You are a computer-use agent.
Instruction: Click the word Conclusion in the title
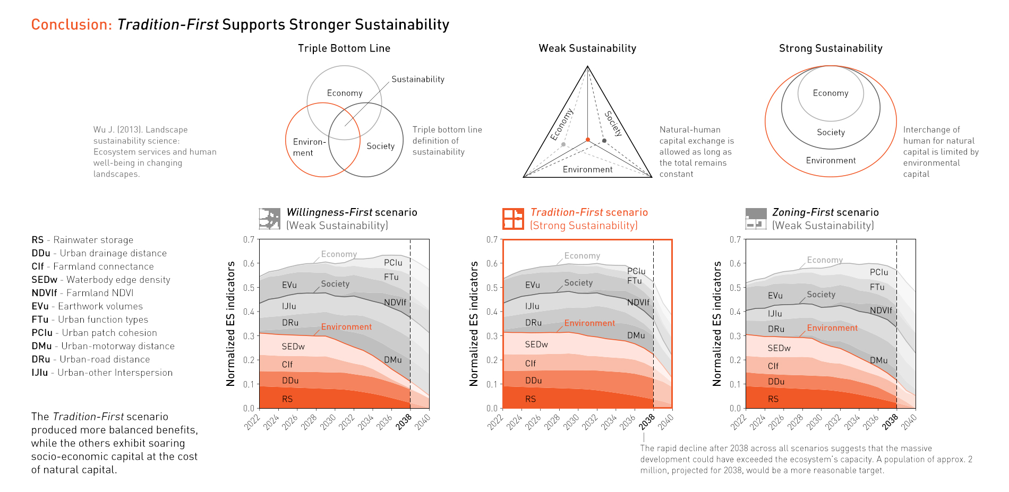71,24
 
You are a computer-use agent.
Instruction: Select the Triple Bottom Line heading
344,48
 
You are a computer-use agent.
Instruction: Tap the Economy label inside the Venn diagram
345,93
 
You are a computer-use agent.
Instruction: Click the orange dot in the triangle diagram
587,140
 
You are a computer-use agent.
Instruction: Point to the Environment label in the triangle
587,169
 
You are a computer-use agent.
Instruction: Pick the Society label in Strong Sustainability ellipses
831,132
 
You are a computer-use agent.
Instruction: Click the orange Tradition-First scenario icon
513,219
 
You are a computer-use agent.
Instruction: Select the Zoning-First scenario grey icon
756,219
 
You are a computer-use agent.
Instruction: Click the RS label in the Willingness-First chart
287,399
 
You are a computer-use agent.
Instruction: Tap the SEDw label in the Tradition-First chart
536,344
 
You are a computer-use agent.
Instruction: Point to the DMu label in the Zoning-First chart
878,360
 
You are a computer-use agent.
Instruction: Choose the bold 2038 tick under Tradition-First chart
647,422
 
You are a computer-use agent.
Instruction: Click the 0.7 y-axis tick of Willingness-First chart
249,239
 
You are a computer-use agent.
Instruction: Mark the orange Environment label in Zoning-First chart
832,328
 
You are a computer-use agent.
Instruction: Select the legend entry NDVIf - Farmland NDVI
82,293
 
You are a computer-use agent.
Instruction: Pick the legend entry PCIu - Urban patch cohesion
94,333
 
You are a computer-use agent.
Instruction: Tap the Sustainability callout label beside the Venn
417,79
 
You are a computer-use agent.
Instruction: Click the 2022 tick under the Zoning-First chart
739,422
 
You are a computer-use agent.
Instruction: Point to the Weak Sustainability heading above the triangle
587,48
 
